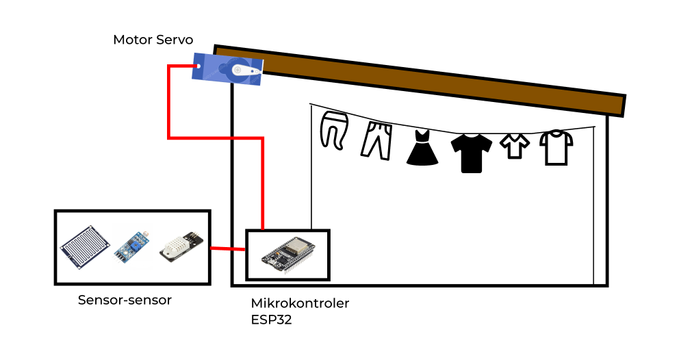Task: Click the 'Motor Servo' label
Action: point(153,40)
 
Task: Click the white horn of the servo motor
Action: point(245,70)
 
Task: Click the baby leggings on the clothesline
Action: point(334,130)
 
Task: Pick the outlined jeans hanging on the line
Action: point(377,140)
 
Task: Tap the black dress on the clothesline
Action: point(422,148)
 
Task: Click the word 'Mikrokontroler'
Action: point(300,303)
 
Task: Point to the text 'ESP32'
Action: point(271,319)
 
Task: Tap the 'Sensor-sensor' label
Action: point(125,300)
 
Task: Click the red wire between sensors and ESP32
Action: point(227,249)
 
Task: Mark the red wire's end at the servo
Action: point(196,66)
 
